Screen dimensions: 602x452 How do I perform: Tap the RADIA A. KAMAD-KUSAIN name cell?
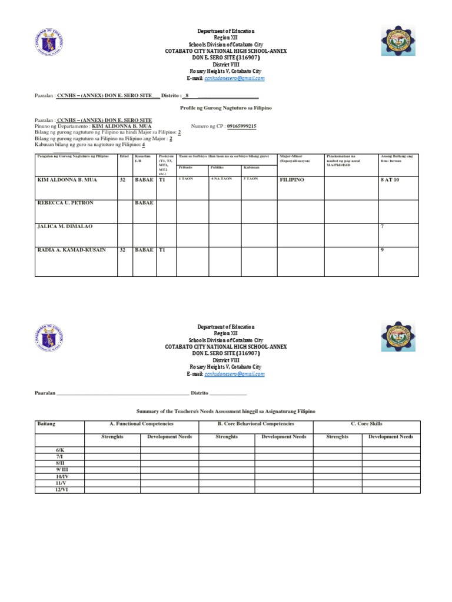(71, 250)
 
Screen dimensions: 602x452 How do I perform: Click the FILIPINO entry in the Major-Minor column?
(292, 179)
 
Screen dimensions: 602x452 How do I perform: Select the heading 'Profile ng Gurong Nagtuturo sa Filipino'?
(225, 109)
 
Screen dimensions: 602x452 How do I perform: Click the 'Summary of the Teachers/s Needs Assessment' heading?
(225, 412)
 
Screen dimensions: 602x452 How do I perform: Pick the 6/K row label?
(59, 450)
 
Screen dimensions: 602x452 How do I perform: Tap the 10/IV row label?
(59, 476)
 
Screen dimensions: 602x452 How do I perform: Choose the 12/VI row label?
(59, 489)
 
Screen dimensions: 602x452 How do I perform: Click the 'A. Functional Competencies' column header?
(141, 424)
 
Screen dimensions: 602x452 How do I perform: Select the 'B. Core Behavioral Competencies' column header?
(255, 424)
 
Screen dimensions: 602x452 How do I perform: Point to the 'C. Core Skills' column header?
(365, 424)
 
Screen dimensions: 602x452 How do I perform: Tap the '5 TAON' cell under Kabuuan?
(250, 179)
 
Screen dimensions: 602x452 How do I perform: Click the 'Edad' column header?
(124, 156)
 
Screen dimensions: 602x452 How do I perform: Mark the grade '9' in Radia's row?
(383, 250)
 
